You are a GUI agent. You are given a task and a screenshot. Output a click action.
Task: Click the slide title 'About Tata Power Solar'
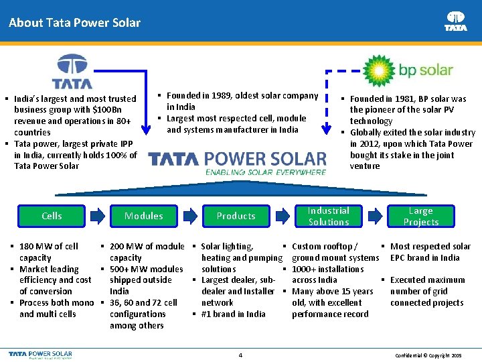(74, 23)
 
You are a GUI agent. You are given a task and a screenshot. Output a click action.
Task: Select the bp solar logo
(408, 69)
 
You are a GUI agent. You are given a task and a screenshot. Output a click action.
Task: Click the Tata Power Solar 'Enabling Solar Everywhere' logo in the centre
(237, 163)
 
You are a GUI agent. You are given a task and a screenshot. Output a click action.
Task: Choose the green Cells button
(52, 216)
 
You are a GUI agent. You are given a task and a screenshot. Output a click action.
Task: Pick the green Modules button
(144, 216)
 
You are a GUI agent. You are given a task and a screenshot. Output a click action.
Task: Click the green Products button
(236, 216)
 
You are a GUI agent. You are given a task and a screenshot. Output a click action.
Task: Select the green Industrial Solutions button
(329, 216)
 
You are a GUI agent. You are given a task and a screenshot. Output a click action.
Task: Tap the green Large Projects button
(421, 216)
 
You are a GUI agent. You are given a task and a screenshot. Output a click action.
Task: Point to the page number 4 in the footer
(240, 354)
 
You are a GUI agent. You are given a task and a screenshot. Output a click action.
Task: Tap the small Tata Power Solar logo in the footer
(42, 353)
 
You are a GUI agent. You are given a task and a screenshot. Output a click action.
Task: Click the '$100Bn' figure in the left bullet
(109, 110)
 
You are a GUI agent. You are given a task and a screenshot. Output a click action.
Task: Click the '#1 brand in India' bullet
(233, 314)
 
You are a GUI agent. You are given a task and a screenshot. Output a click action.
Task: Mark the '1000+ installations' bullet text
(328, 269)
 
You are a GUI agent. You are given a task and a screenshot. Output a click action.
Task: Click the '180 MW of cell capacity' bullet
(48, 252)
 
